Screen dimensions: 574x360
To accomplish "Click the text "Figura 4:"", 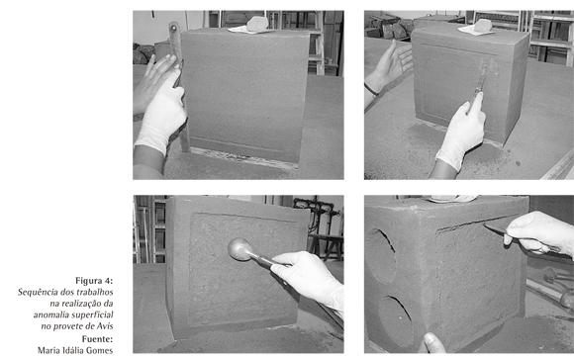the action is (x=94, y=281).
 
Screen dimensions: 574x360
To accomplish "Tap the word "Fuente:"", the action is (x=97, y=338).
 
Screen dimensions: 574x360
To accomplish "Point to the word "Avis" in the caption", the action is (x=105, y=326).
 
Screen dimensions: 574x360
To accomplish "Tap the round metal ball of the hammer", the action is (x=239, y=249).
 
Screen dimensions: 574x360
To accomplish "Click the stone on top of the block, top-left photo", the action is (x=257, y=24).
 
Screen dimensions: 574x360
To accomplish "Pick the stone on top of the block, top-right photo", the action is (x=483, y=26).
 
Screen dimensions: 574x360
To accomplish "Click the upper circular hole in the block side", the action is (x=382, y=252).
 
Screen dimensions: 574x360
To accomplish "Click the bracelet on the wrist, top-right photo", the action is (x=371, y=90).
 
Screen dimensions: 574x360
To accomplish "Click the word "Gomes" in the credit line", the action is (x=101, y=350).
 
